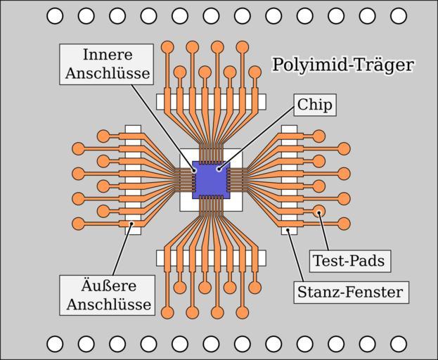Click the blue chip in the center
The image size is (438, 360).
210,180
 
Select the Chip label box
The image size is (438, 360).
315,105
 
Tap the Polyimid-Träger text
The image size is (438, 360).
342,65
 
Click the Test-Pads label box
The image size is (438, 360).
349,261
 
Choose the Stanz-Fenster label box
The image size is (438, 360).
351,292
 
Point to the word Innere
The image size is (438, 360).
106,55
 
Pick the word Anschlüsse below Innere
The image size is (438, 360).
106,73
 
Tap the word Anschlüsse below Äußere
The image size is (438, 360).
108,304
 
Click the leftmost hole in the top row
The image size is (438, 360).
55,15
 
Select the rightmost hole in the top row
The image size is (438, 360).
399,15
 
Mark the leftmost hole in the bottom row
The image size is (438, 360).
55,344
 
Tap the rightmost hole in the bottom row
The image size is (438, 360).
399,344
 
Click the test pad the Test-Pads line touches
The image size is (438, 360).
318,211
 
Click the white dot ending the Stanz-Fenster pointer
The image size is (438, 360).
288,229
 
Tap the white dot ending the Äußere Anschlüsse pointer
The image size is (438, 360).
131,224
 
